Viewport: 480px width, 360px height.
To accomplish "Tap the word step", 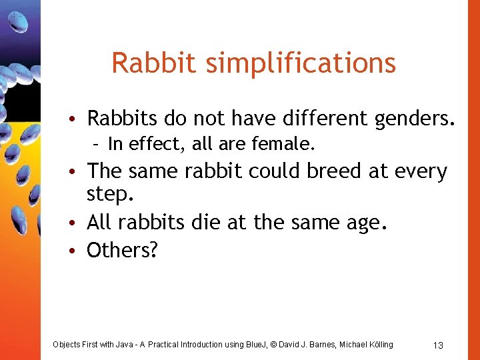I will [111, 195].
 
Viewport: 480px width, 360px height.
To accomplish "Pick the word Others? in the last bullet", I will [123, 250].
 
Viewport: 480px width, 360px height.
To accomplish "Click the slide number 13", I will [438, 345].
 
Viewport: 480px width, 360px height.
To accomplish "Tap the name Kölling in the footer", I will [379, 345].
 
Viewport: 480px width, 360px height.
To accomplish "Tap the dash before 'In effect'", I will [97, 144].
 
